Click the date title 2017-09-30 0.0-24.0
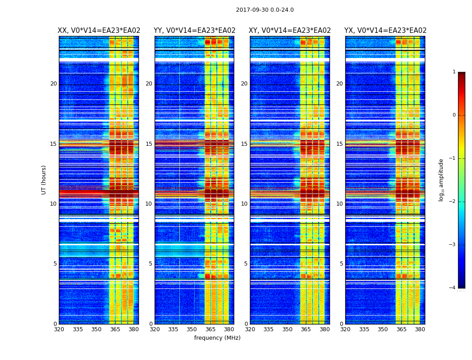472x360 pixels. [x=265, y=10]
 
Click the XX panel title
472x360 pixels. [x=99, y=31]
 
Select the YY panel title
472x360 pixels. [x=195, y=31]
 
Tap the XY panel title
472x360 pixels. [x=290, y=31]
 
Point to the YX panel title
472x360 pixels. [x=385, y=31]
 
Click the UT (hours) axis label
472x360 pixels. [x=44, y=180]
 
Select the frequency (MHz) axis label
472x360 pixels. [x=217, y=338]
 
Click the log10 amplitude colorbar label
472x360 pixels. [x=441, y=180]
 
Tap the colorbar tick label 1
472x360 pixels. [x=454, y=72]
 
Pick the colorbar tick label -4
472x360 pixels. [x=453, y=288]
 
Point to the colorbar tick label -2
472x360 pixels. [x=453, y=202]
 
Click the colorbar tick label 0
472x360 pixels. [x=454, y=115]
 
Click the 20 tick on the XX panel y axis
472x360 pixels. [x=53, y=84]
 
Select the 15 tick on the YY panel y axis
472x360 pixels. [x=149, y=144]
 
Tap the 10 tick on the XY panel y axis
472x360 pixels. [x=244, y=204]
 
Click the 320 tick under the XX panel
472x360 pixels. [x=59, y=329]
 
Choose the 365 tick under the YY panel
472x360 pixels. [x=211, y=329]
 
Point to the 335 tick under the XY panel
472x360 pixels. [x=268, y=329]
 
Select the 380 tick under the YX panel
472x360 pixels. [x=420, y=329]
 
